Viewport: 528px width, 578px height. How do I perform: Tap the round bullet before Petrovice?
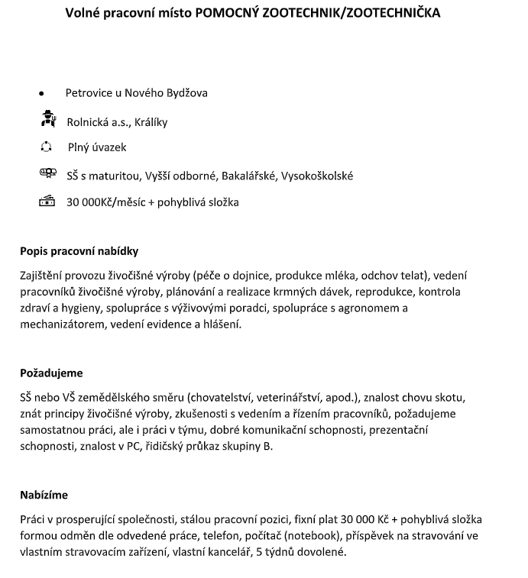click(x=41, y=94)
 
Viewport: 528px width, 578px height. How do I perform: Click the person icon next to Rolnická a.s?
click(x=47, y=119)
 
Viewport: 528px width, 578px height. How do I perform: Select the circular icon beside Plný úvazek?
click(x=47, y=147)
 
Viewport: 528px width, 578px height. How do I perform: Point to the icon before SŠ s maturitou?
click(x=47, y=174)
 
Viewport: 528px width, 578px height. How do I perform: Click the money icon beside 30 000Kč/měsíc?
click(x=47, y=202)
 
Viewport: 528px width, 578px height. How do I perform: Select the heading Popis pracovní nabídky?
click(x=79, y=251)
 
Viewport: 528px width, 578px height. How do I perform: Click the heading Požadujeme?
click(x=51, y=373)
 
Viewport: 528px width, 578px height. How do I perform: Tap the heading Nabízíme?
click(x=44, y=496)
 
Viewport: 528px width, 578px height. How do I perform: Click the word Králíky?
click(x=151, y=121)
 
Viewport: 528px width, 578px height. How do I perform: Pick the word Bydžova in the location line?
click(x=187, y=93)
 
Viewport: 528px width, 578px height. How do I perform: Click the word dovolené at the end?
click(x=323, y=552)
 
